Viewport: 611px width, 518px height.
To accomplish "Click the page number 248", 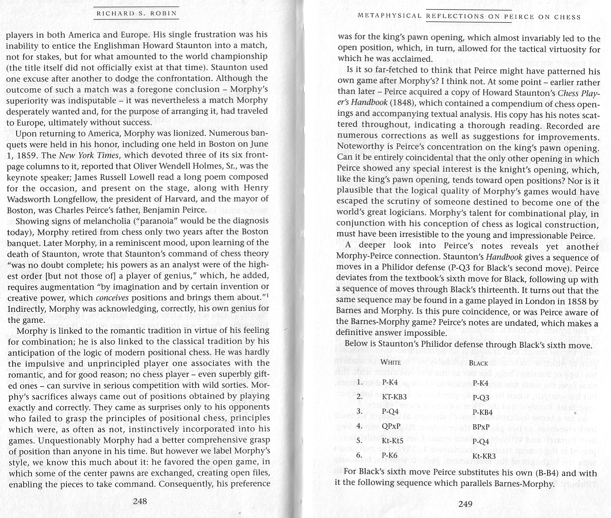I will coord(140,501).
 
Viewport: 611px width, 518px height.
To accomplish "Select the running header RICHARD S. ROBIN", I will coord(137,13).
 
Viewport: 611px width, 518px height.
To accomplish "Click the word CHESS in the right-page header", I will coord(567,17).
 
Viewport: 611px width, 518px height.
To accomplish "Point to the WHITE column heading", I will coord(391,362).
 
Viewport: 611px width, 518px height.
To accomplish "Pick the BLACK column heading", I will coord(478,363).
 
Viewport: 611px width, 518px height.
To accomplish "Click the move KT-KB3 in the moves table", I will coord(394,397).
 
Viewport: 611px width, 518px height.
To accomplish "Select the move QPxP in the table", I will coord(391,426).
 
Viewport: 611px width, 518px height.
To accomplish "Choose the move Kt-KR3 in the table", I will coord(484,456).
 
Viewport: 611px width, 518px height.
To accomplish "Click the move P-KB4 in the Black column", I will coord(483,412).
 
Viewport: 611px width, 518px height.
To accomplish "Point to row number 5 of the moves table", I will coord(359,440).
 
